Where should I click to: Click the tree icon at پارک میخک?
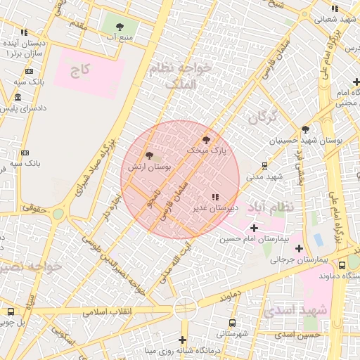coord(206,140)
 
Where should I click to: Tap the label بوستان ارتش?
coord(153,167)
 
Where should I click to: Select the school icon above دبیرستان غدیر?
coord(214,198)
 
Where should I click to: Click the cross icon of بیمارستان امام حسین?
coord(254,228)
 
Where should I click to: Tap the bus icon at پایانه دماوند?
coord(342,266)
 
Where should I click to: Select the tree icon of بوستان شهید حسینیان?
coord(305,129)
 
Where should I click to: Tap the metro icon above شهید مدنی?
coord(264,166)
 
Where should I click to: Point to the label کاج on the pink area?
coord(81,70)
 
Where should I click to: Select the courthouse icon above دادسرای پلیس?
coord(18,97)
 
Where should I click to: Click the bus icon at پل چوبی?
coord(11,311)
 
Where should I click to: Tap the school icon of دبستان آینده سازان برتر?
coord(24,32)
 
